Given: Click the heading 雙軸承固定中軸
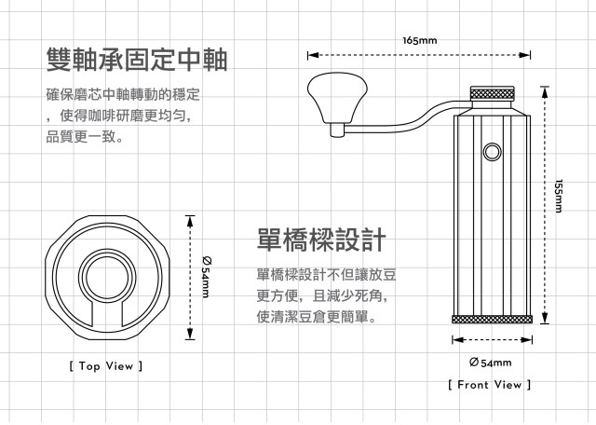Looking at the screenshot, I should [136, 60].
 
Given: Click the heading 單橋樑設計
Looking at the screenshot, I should [320, 240].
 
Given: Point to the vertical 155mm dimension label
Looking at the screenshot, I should [558, 197].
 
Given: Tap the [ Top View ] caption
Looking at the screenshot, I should [105, 366].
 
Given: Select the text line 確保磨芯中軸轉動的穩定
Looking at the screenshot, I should [123, 96].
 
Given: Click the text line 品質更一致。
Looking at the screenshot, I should [84, 137].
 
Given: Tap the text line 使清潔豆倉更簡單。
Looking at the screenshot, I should [316, 317].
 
